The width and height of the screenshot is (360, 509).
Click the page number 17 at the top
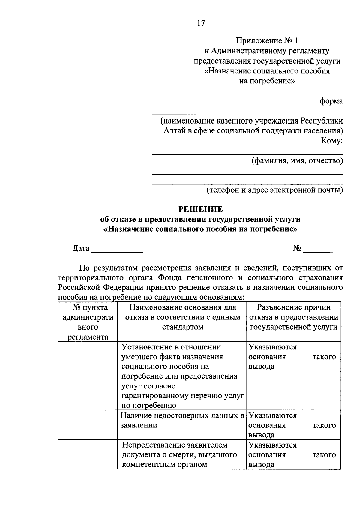[x=201, y=23]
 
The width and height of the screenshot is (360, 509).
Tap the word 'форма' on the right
[x=331, y=101]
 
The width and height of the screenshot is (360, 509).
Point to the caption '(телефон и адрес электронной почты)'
[x=274, y=190]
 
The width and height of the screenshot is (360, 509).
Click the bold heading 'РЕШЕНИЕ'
[x=201, y=209]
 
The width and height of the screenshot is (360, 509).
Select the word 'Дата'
[x=81, y=248]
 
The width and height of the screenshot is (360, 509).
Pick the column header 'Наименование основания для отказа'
[x=182, y=317]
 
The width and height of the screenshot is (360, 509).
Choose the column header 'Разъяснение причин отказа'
[x=293, y=317]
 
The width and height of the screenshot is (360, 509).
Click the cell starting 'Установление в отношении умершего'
[x=182, y=376]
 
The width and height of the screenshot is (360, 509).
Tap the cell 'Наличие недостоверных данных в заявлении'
[x=182, y=420]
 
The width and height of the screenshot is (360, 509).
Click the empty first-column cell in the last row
[x=88, y=454]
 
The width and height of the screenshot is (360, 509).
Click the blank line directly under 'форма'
[x=247, y=114]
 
